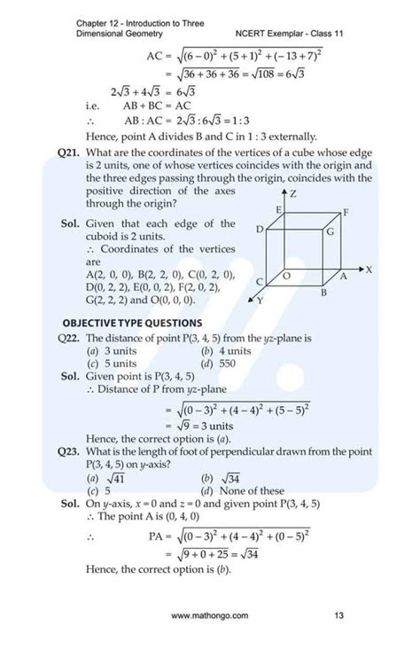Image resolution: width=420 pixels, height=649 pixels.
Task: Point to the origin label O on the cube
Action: click(286, 277)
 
